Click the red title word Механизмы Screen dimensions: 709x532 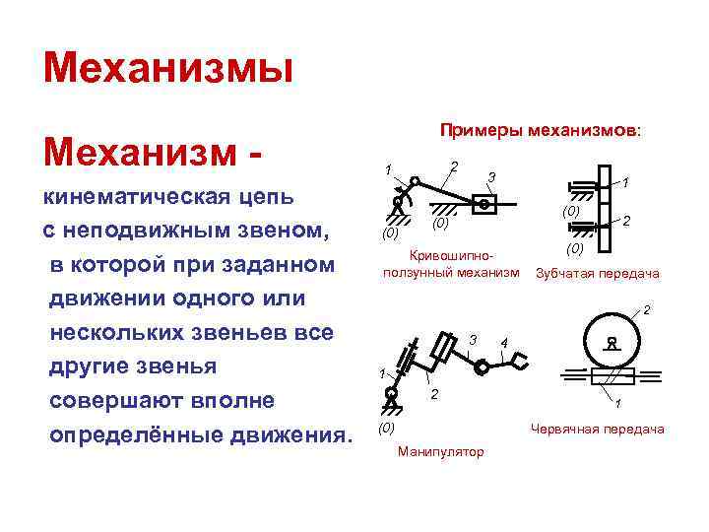pos(168,70)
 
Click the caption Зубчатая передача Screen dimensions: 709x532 pos(598,274)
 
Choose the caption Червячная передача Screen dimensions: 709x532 pos(598,429)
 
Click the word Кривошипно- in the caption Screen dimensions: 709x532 pos(449,255)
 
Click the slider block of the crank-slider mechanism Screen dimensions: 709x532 pos(484,204)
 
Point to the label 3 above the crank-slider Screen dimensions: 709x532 pos(490,177)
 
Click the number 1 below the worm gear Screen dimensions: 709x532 pos(616,405)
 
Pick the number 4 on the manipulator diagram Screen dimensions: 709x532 pos(503,342)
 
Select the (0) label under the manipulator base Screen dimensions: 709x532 pos(387,429)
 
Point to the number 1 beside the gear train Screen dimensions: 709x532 pos(627,182)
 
